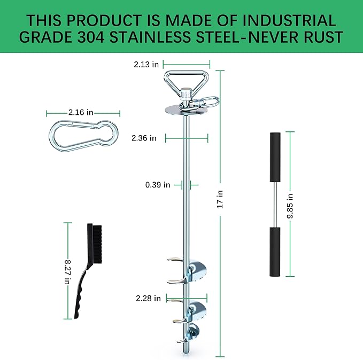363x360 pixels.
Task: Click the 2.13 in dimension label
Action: [146, 65]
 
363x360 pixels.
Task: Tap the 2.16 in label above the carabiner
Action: [81, 113]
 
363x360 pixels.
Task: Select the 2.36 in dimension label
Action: [144, 138]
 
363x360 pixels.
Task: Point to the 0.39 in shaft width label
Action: [157, 185]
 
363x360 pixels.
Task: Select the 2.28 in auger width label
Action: [148, 299]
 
